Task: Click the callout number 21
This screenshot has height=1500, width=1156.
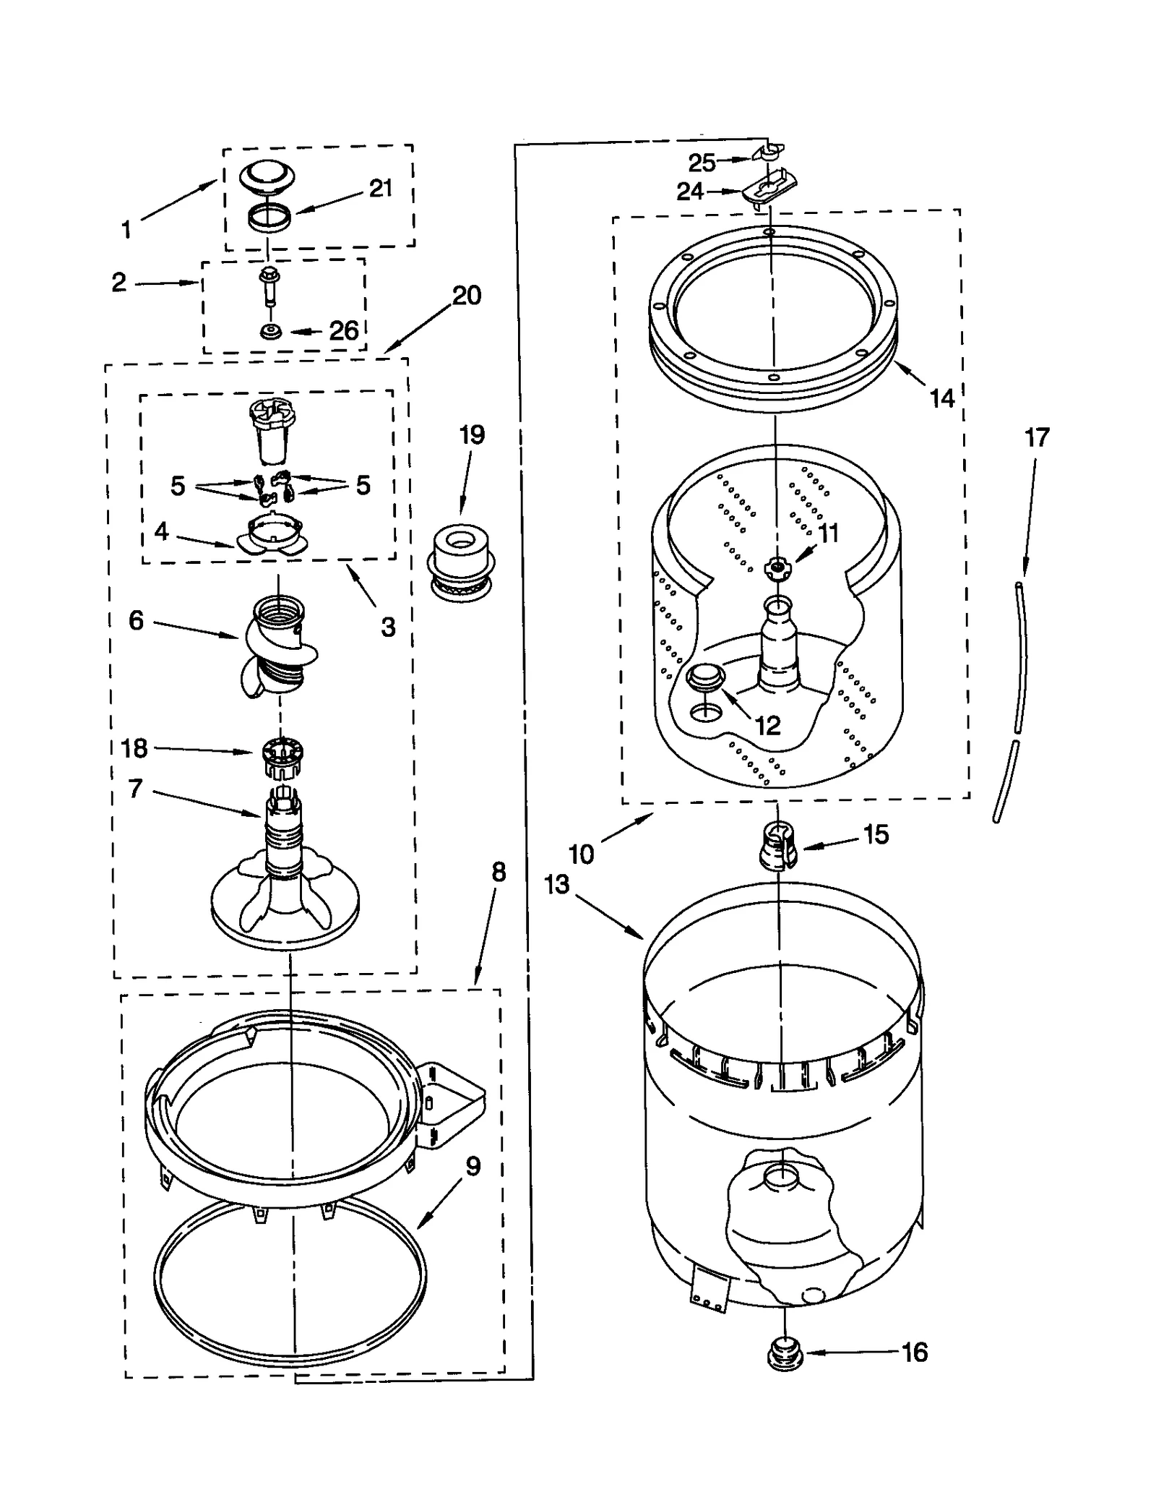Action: tap(381, 188)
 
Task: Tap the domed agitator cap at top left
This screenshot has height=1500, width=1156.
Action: tap(267, 176)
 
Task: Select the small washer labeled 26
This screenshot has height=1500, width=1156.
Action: tap(272, 332)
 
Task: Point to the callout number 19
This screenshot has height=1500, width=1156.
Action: tap(472, 435)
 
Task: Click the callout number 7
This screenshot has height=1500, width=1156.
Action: tap(135, 789)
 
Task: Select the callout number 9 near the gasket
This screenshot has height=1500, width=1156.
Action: tap(473, 1166)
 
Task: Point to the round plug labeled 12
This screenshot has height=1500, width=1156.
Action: tap(705, 677)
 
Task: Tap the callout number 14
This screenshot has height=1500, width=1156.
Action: tap(941, 398)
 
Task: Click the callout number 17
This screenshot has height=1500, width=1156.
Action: tap(1037, 437)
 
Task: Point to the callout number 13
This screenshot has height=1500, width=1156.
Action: tap(557, 884)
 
